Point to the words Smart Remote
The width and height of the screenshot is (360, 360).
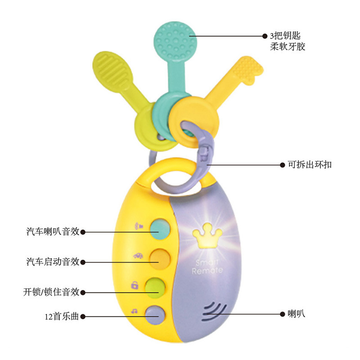point(207,266)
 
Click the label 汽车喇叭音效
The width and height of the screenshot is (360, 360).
point(53,232)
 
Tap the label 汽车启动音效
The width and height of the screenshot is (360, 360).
point(53,261)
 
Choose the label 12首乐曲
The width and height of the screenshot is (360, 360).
point(62,316)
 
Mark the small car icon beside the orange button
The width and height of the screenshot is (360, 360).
point(138,256)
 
